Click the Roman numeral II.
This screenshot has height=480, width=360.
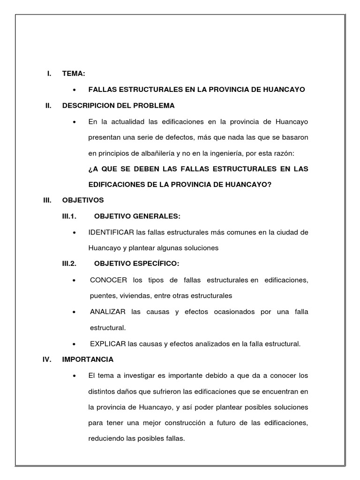(x=48, y=105)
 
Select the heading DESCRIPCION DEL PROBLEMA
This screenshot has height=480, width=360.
(x=118, y=105)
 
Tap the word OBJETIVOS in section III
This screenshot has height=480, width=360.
(x=83, y=200)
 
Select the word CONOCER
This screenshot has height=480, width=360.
(x=108, y=280)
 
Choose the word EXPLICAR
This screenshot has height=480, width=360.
(x=108, y=344)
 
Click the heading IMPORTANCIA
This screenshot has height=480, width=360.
(x=88, y=360)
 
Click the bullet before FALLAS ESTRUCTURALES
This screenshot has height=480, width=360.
(x=75, y=90)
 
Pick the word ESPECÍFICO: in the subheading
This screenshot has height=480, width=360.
(x=156, y=264)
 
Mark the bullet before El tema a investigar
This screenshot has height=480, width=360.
(x=75, y=376)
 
